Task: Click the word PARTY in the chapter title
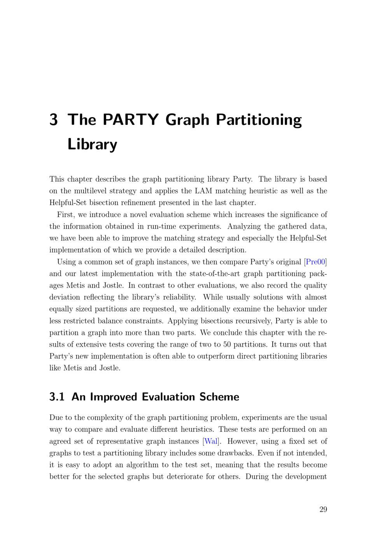coord(131,119)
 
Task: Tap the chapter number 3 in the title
coord(54,119)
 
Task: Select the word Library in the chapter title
coord(92,144)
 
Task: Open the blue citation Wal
coord(211,441)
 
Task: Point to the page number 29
coord(323,510)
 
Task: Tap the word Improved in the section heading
coord(114,397)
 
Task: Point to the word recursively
coord(251,321)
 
